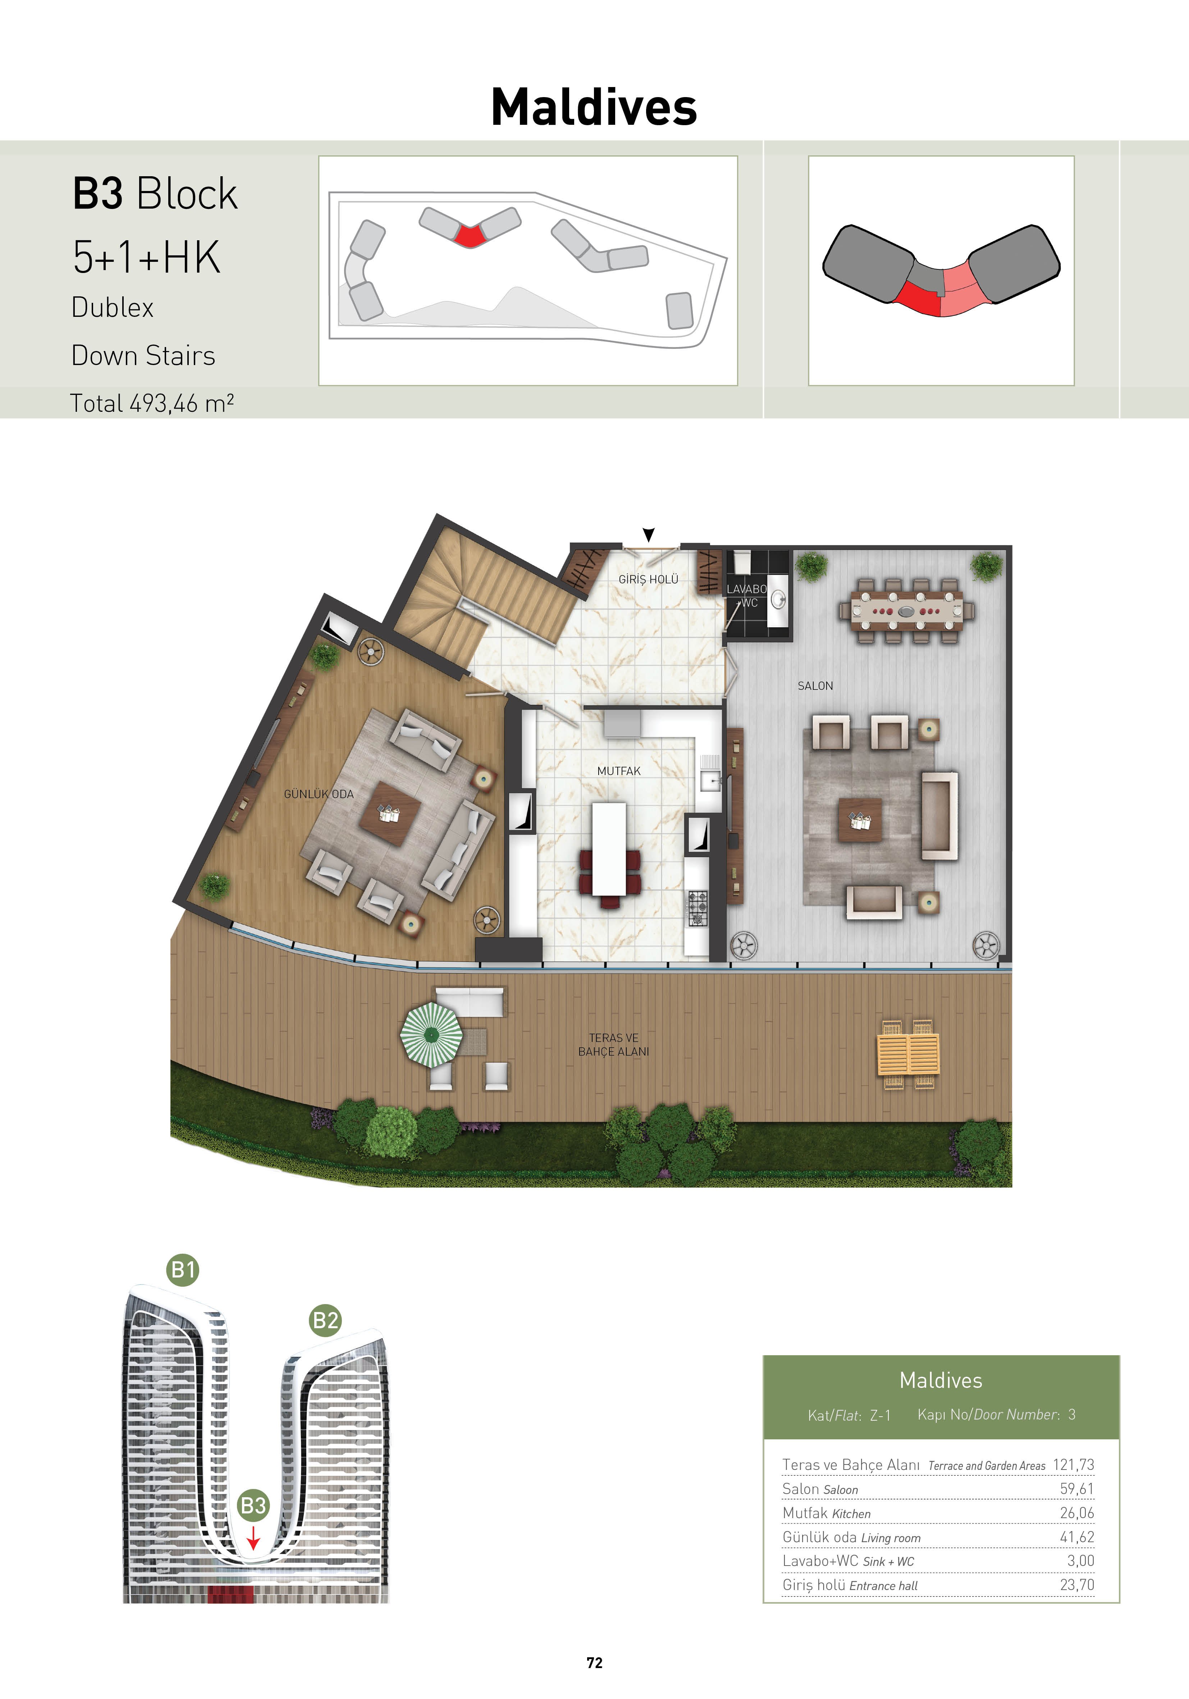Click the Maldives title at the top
point(594,107)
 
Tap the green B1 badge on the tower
point(183,1270)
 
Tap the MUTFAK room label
point(618,771)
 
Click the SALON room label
point(815,686)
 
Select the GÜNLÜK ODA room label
point(319,794)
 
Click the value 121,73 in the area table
point(1073,1465)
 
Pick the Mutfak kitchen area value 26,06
point(1076,1513)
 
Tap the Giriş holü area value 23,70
point(1076,1584)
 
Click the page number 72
point(594,1663)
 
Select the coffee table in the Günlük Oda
point(391,814)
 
